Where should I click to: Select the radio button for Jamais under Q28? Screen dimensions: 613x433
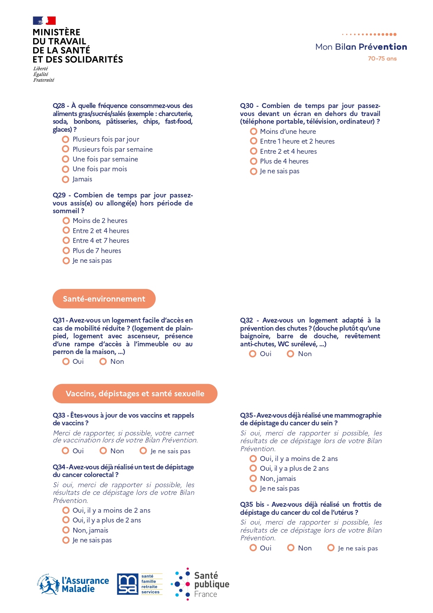coord(65,179)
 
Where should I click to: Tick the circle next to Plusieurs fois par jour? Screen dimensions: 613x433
coord(65,139)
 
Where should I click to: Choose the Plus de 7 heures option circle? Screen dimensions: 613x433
coord(66,251)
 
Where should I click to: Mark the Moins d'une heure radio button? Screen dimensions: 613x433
coord(254,131)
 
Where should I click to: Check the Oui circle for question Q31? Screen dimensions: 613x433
coord(66,361)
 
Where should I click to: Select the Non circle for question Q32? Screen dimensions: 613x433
coord(290,354)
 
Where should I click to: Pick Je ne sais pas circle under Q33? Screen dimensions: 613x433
coord(143,451)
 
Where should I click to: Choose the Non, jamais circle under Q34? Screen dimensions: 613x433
coord(66,530)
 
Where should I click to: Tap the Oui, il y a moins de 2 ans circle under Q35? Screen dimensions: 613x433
coord(253,459)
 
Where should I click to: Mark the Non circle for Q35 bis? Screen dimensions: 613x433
coord(291,548)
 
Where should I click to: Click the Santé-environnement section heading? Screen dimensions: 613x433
coord(104,299)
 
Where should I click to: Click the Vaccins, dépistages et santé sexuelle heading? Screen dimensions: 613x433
coord(135,394)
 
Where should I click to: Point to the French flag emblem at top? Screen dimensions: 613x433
coord(44,21)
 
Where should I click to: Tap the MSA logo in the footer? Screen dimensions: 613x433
coord(140,584)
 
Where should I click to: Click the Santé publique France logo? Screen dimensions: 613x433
coord(200,584)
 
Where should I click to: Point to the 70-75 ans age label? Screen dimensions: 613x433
coord(382,59)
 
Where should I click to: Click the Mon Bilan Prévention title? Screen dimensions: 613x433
coord(361,47)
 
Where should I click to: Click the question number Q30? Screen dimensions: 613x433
coord(247,106)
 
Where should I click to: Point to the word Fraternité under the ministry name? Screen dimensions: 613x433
coord(44,80)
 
